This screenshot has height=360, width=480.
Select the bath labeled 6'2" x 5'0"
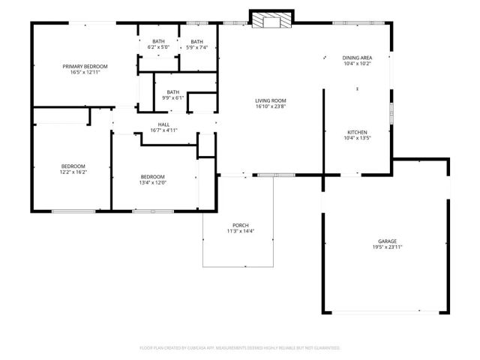point(158,43)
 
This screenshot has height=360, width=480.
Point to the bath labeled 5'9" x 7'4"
point(196,43)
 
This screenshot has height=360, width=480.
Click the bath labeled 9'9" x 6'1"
point(173,94)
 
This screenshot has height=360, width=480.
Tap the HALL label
point(163,124)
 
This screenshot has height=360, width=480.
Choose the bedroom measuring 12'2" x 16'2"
point(73,169)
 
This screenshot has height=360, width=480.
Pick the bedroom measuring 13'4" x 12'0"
point(152,179)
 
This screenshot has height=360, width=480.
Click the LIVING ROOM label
point(271,100)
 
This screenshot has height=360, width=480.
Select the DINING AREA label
point(357,58)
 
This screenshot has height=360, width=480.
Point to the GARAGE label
point(387,241)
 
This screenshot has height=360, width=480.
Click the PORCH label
point(240,226)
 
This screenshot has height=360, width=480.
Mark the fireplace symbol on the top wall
point(271,21)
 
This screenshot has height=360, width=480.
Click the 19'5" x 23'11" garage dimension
point(387,247)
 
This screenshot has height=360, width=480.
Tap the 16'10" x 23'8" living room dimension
point(271,106)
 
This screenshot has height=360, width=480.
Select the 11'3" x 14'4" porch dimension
point(240,232)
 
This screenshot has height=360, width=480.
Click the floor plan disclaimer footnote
point(240,348)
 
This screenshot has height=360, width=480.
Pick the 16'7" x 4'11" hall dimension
point(163,130)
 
